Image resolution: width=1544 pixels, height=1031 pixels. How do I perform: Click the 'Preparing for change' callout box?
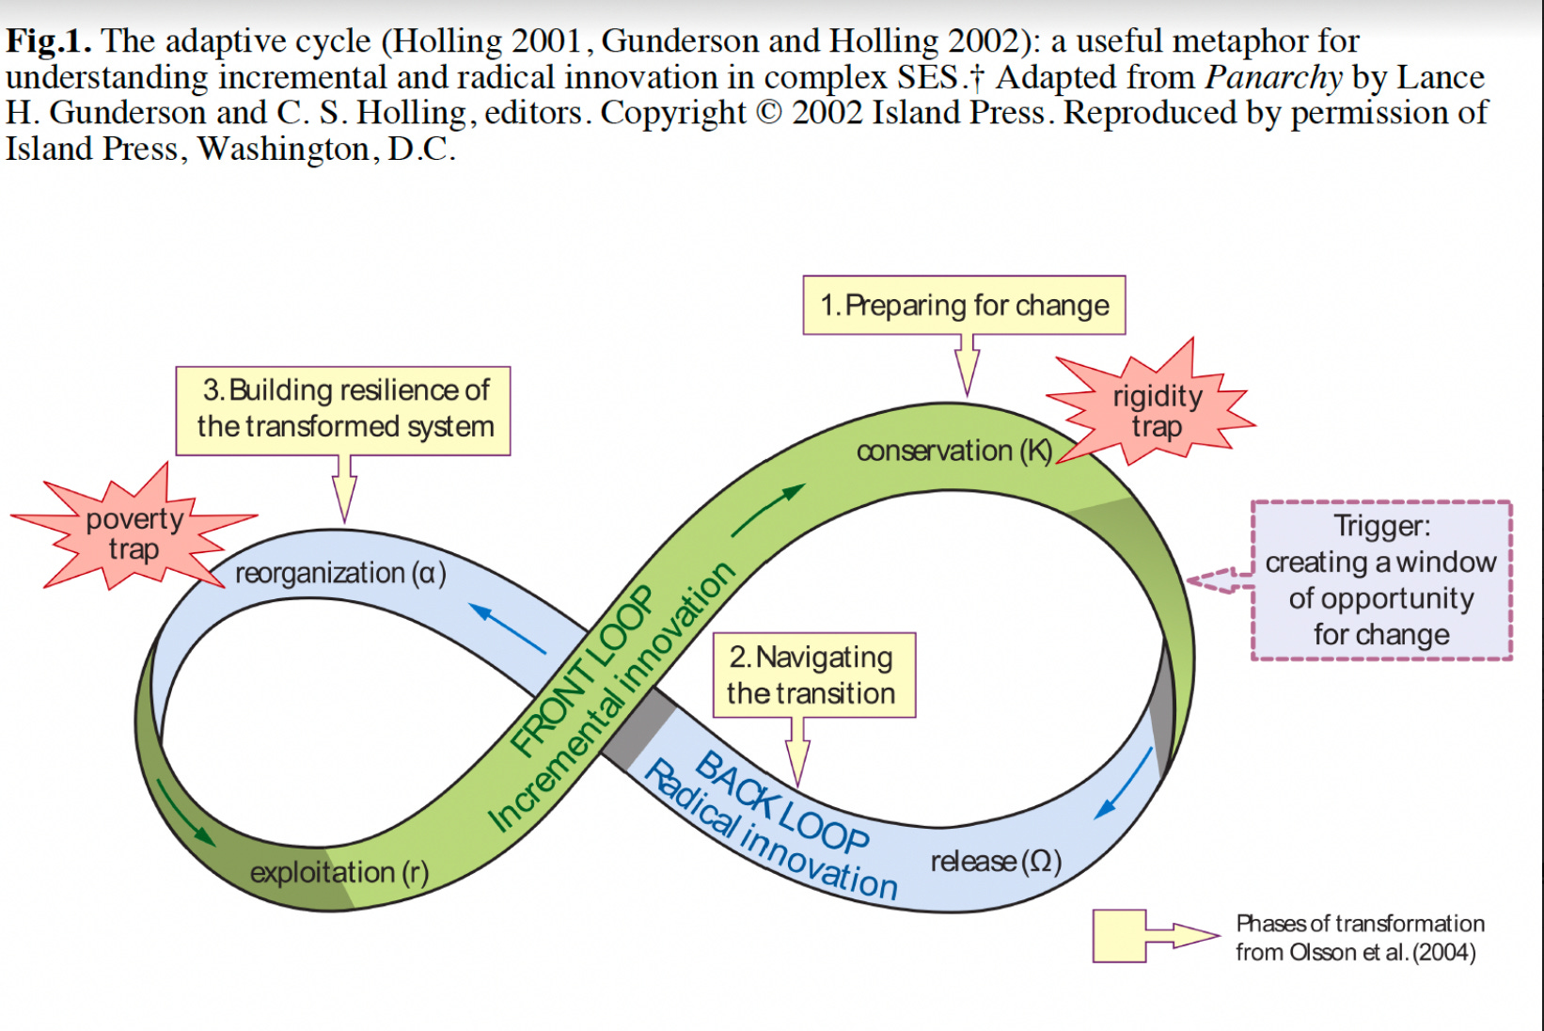point(964,306)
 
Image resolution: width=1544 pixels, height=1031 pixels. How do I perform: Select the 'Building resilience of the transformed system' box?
point(343,410)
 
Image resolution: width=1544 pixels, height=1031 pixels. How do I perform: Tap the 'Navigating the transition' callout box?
point(813,675)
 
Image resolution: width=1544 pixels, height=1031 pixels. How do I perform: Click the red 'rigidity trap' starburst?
point(1156,408)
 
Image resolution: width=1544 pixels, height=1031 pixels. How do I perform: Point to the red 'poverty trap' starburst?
point(134,531)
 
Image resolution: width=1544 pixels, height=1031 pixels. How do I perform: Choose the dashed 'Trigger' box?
point(1381,579)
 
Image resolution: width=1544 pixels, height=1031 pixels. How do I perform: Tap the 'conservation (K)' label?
point(953,451)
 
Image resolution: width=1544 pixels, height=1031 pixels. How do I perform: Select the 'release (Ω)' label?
point(996,861)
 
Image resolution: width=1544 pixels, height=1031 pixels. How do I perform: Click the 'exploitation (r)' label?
point(339,873)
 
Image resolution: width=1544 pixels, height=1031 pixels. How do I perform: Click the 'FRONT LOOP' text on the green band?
point(582,670)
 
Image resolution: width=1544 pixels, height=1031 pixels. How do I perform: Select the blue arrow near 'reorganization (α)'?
point(508,628)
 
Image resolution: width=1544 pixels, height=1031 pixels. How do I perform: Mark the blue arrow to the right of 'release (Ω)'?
point(1124,784)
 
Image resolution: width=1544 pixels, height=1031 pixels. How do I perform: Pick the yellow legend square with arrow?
point(1120,936)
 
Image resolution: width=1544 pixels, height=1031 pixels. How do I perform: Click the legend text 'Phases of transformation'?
point(1360,924)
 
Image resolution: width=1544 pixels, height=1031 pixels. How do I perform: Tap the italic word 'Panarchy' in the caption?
point(1274,77)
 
